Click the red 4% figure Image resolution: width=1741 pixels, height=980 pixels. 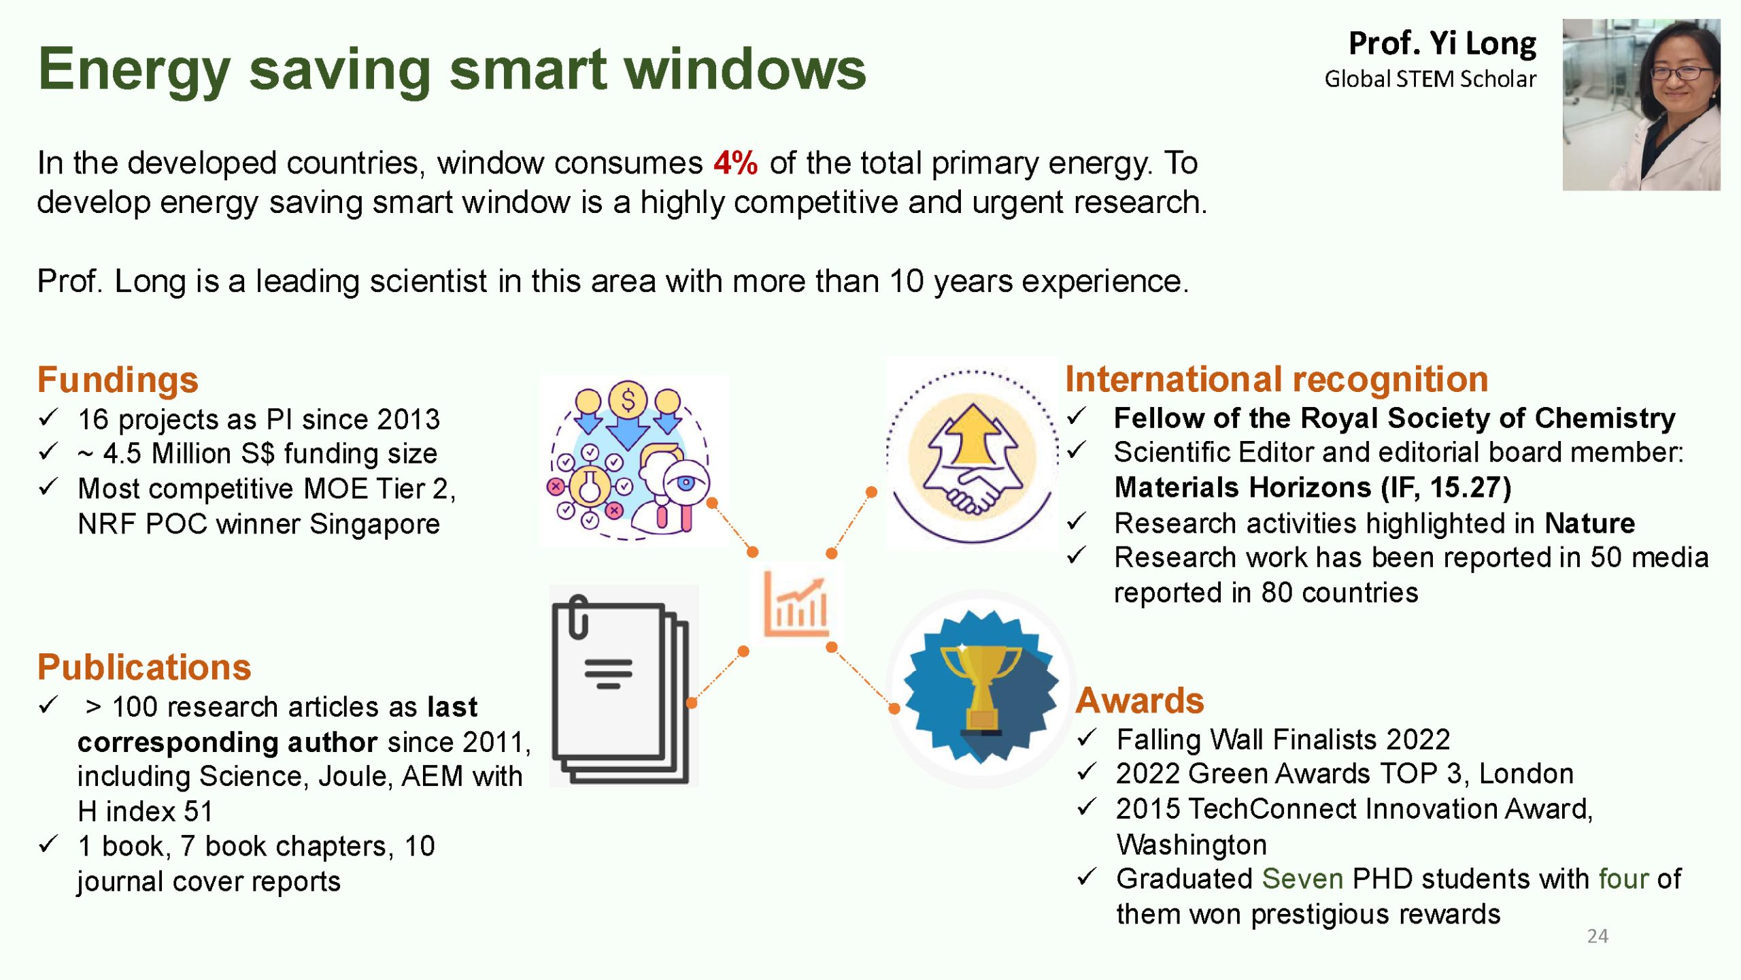[735, 163]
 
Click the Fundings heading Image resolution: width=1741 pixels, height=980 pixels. [118, 380]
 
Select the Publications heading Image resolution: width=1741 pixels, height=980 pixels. [144, 667]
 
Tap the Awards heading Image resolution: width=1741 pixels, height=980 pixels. [1140, 700]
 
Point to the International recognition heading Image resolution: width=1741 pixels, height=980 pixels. [1277, 379]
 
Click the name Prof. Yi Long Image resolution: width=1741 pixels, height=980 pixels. [1442, 43]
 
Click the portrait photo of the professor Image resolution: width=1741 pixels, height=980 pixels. [1641, 104]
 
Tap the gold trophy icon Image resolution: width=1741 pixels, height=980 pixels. [980, 687]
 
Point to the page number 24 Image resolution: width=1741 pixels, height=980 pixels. [1598, 936]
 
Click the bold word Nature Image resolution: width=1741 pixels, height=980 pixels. [1589, 523]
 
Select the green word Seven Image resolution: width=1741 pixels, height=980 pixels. [1302, 879]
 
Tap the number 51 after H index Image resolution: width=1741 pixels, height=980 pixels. [199, 811]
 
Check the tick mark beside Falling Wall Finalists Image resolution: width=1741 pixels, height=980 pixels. [1087, 737]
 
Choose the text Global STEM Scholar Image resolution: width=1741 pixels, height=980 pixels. [1430, 79]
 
